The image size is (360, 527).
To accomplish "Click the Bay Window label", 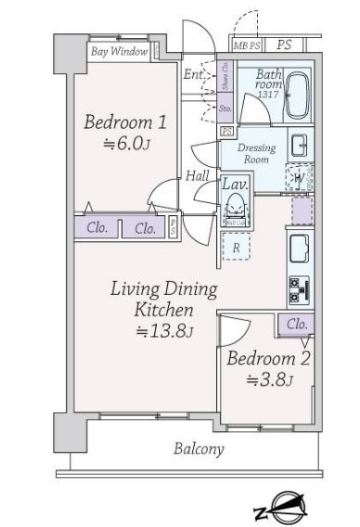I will pyautogui.click(x=119, y=52).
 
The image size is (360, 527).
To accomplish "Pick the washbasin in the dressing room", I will pyautogui.click(x=300, y=145).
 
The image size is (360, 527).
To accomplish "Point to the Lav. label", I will pyautogui.click(x=233, y=185).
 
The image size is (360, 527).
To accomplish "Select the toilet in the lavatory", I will pyautogui.click(x=236, y=210).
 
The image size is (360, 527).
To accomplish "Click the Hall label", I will pyautogui.click(x=197, y=174).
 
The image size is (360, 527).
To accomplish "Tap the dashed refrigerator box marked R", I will pyautogui.click(x=237, y=247).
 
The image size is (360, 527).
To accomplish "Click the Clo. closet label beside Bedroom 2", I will pyautogui.click(x=297, y=324).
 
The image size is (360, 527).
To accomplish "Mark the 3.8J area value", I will pyautogui.click(x=271, y=379).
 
